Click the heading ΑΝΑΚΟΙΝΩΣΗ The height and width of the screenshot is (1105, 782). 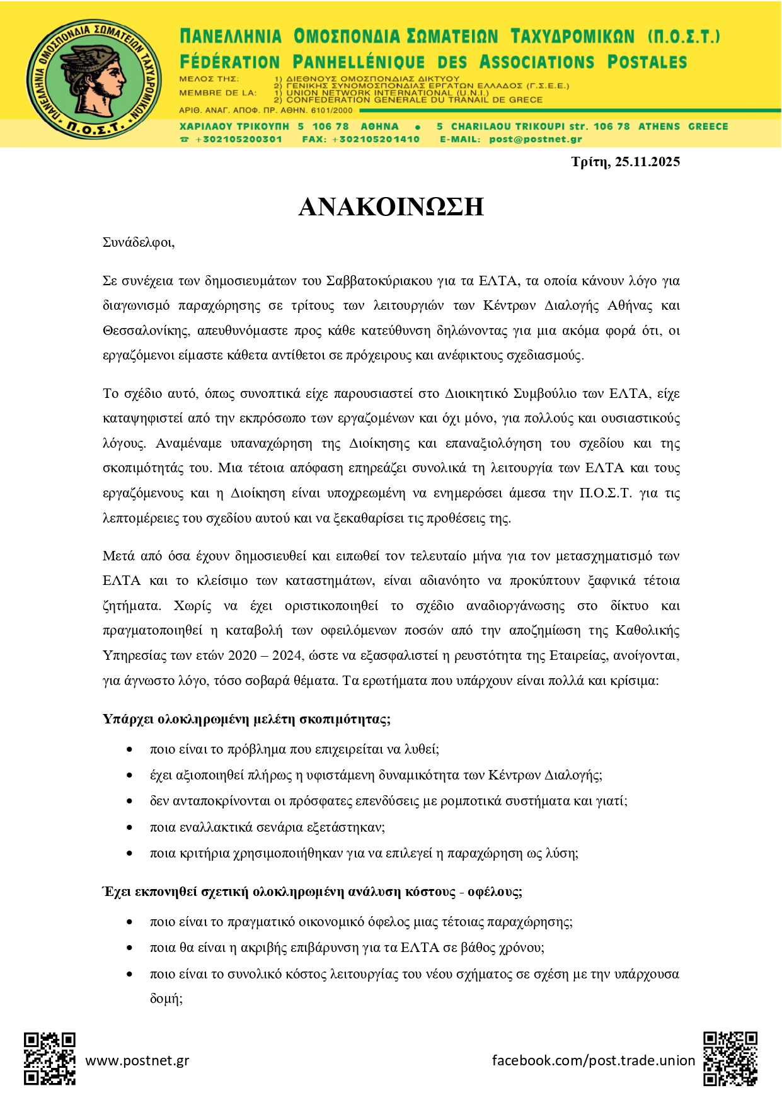coord(391,207)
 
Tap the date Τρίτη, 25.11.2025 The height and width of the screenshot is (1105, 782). coord(625,162)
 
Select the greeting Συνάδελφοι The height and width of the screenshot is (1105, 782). coord(138,242)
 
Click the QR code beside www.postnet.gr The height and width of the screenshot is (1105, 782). coord(50,1058)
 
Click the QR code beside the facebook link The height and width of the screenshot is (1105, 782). coord(730,1058)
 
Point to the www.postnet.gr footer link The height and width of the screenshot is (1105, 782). coord(137,1060)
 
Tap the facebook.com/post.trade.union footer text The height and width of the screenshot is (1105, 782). coord(593,1060)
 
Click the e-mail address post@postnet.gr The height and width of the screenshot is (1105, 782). coord(535,139)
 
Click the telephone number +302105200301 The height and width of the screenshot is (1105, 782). coord(239,139)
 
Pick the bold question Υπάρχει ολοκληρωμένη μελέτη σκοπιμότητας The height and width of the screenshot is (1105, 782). coord(246,719)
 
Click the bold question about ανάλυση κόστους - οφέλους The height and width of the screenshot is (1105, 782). coord(312,892)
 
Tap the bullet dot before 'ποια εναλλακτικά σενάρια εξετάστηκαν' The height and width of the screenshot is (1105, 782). coord(129,827)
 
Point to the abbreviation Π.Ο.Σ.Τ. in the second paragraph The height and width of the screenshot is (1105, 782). coord(605,493)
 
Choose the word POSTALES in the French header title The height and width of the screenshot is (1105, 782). coord(647,62)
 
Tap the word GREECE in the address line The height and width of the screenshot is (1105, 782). coord(708,127)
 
